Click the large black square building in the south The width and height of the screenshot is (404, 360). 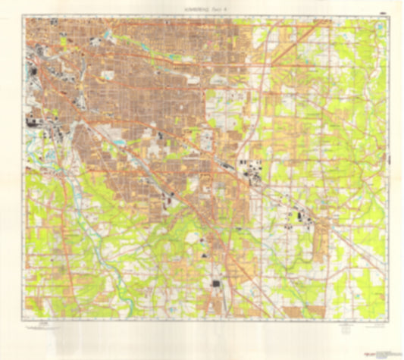coord(215,285)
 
